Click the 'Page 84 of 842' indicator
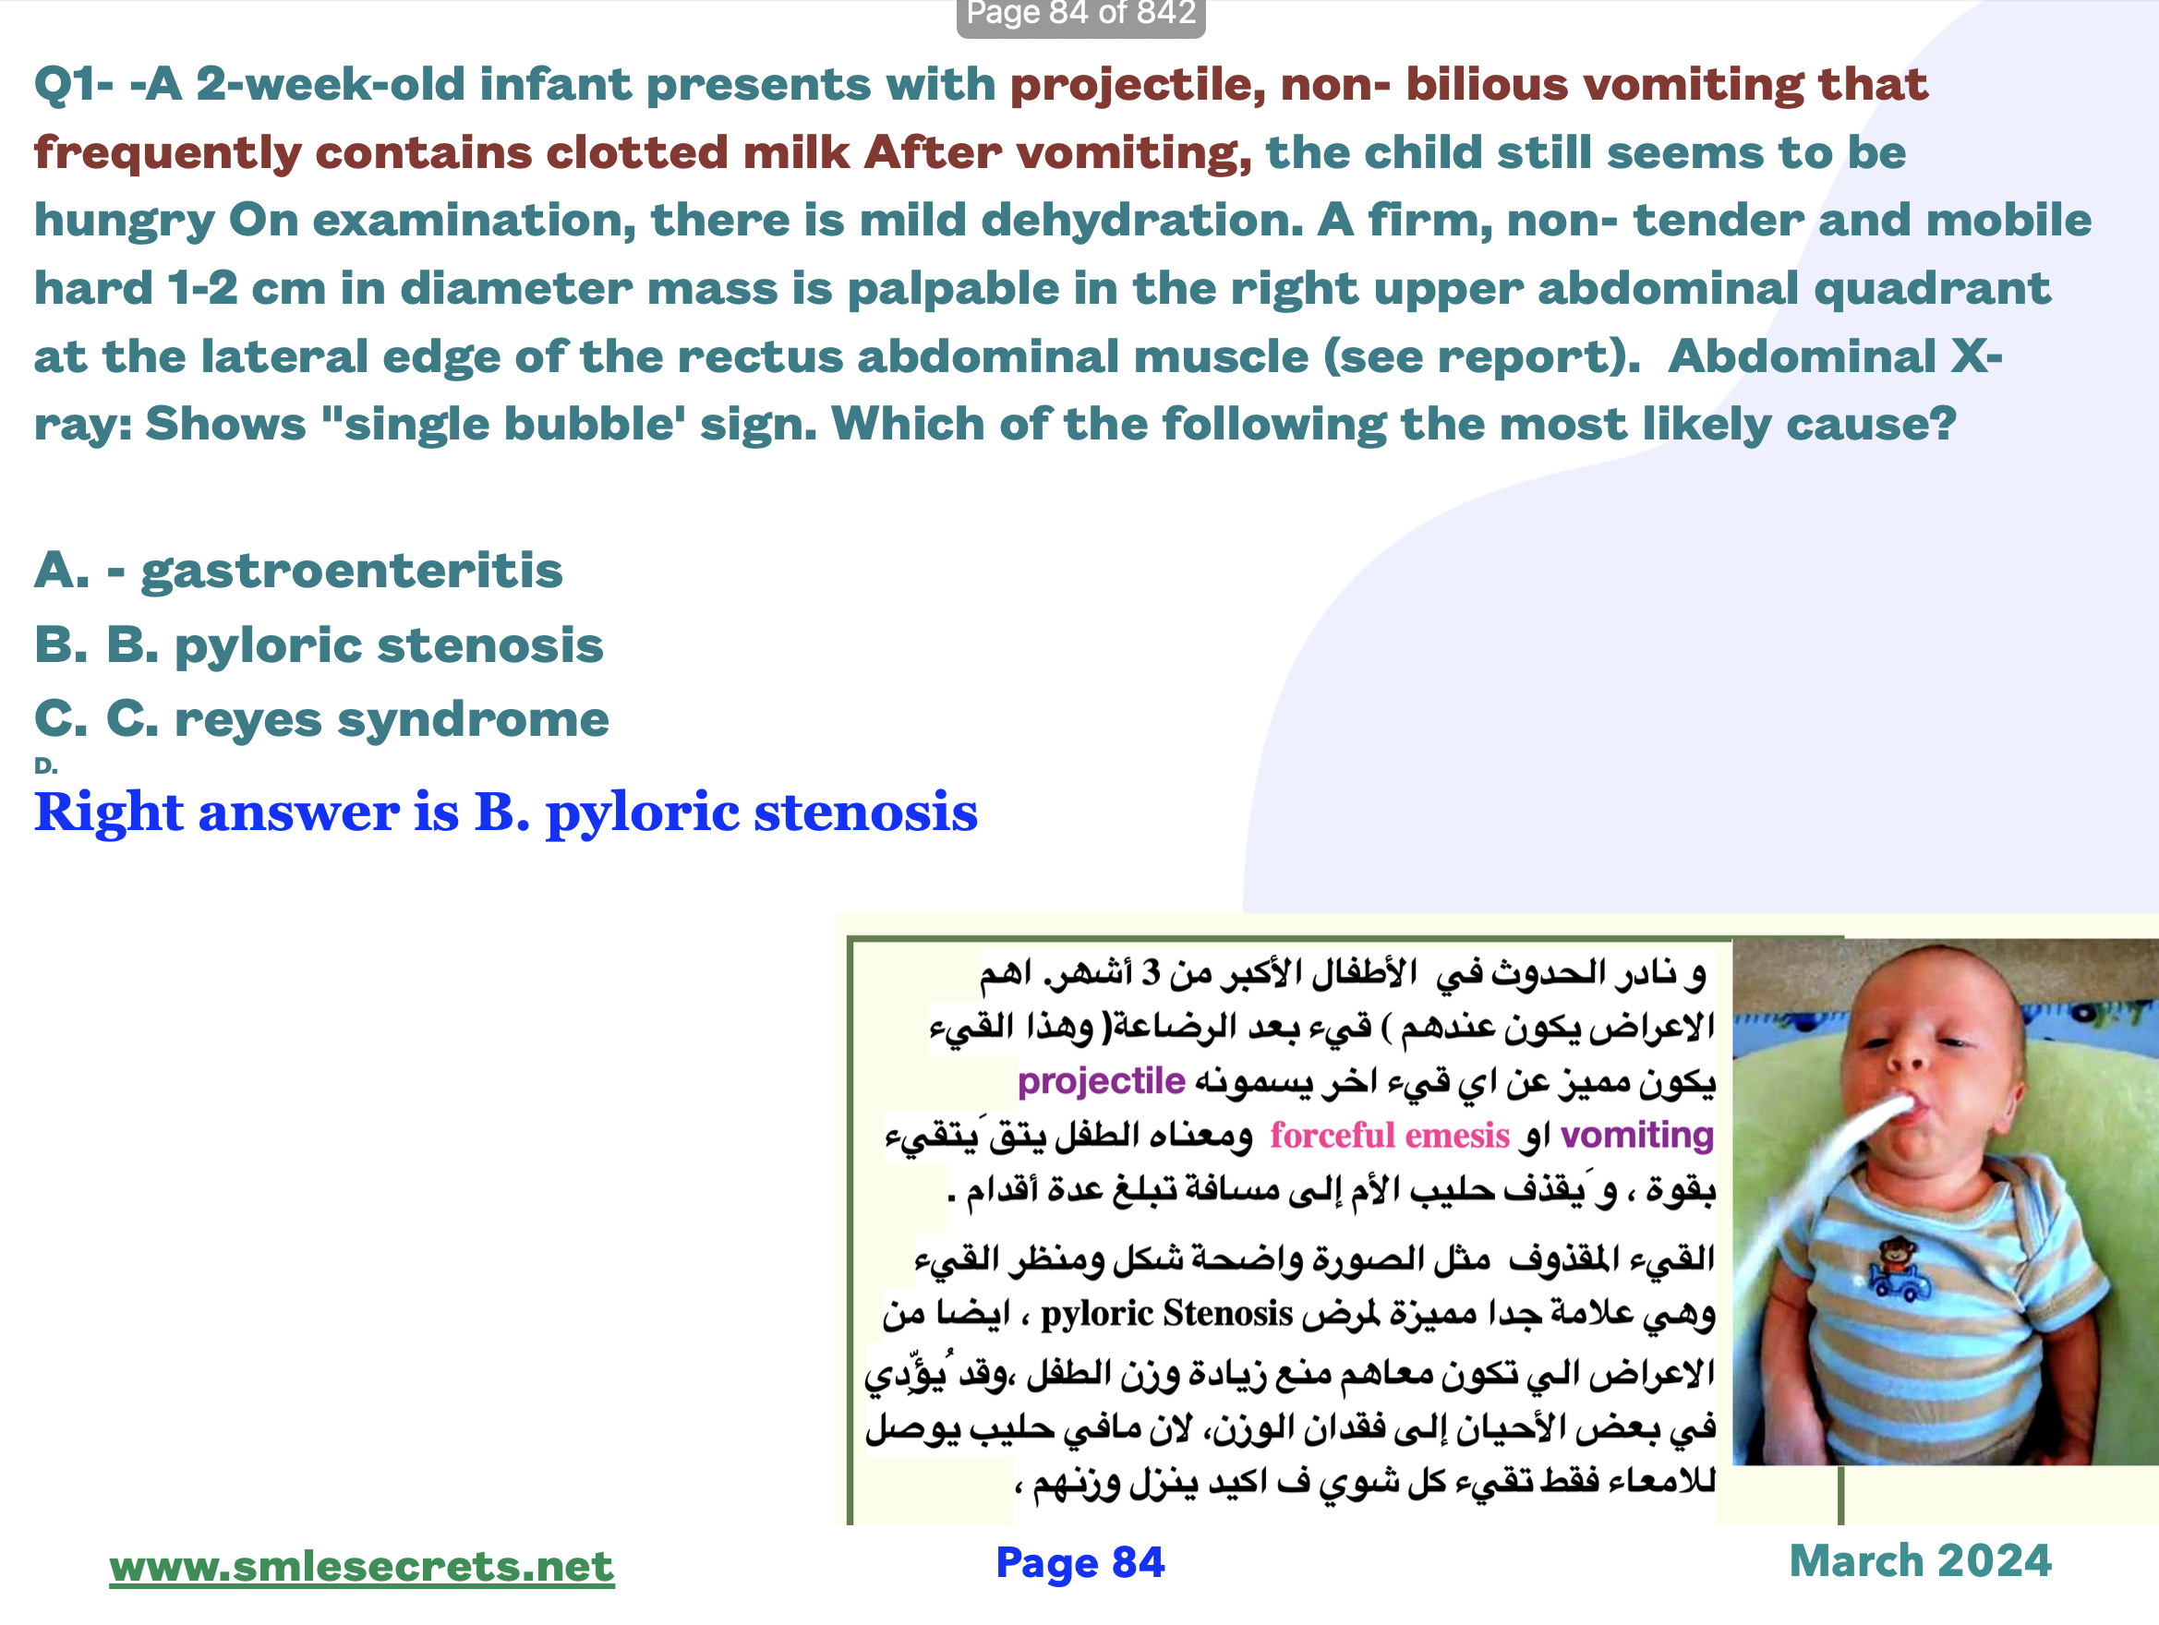(x=1080, y=14)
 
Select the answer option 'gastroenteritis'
(x=352, y=571)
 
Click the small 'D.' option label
(x=46, y=766)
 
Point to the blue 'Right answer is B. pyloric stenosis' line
(x=506, y=812)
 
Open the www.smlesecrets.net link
(x=361, y=1566)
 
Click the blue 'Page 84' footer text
(x=1079, y=1562)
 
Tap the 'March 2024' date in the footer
(x=1920, y=1560)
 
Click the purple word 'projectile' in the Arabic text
(x=1101, y=1081)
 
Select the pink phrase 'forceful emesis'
(x=1390, y=1135)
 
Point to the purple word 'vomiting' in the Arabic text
(x=1637, y=1135)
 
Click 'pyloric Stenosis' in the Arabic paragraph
(x=1166, y=1314)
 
